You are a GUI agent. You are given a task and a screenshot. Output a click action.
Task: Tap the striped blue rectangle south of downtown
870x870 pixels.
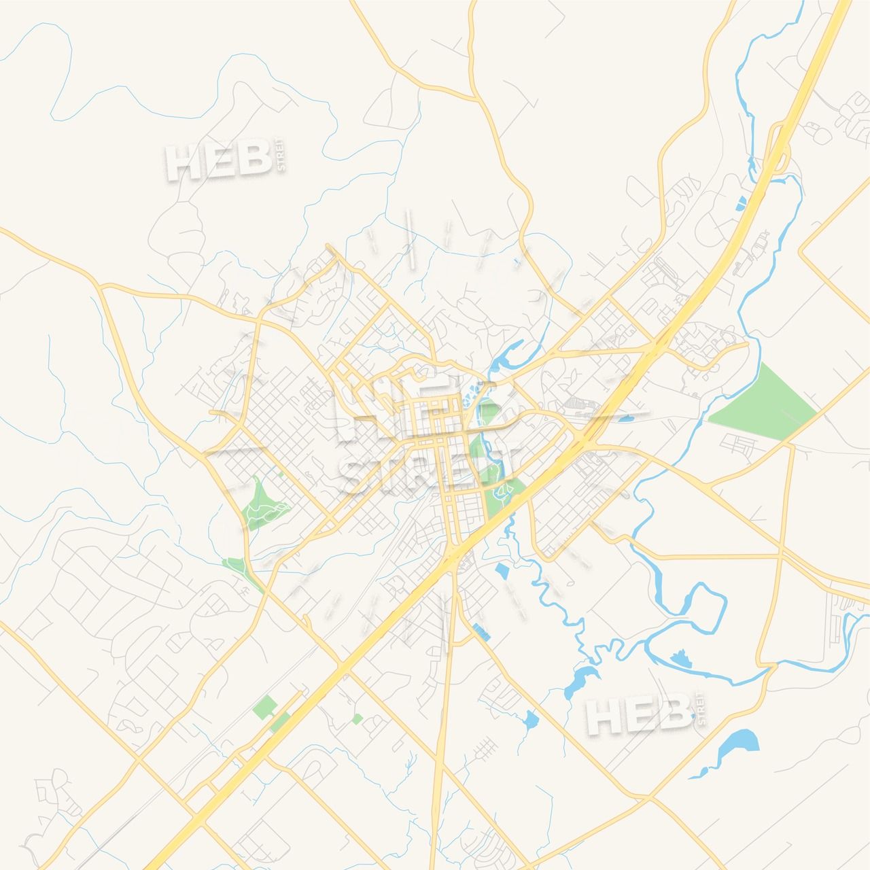click(x=481, y=631)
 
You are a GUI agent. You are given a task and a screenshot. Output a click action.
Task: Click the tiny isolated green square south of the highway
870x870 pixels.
click(x=358, y=718)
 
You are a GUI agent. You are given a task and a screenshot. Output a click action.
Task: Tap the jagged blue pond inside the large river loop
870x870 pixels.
click(x=678, y=658)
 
